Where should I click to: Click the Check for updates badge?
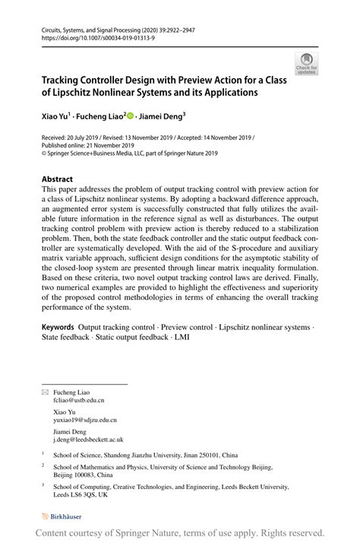coord(307,63)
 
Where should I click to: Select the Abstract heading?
coord(62,179)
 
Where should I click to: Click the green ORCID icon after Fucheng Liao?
coord(130,117)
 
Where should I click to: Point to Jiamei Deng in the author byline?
coord(161,117)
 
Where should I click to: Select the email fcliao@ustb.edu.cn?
coord(79,399)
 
